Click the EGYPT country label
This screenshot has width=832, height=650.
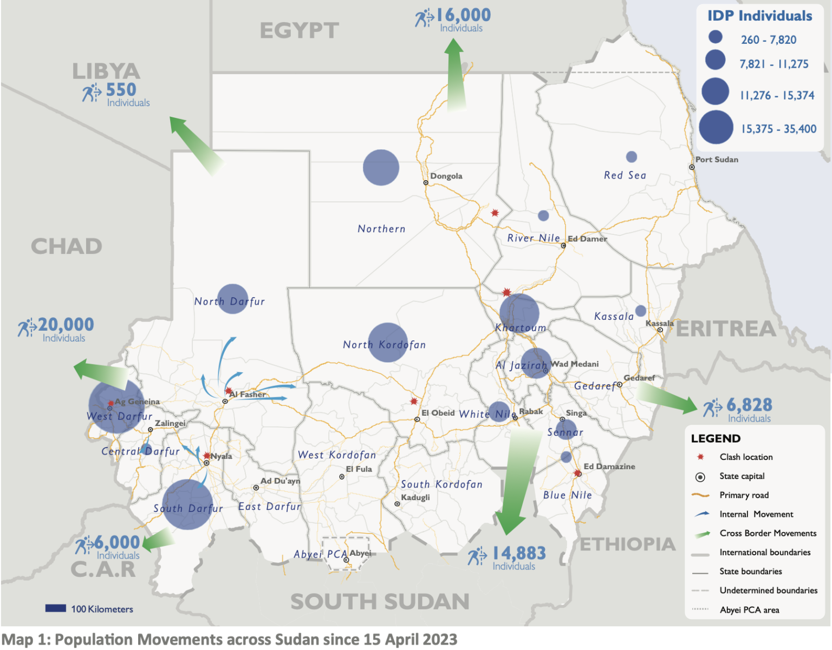pos(300,31)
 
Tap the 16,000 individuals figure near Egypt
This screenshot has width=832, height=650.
pos(463,15)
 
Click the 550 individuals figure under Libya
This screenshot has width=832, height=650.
pos(121,90)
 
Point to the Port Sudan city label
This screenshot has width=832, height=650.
pos(717,160)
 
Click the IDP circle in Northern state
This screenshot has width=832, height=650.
pos(381,168)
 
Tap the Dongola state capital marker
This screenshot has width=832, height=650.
pos(426,183)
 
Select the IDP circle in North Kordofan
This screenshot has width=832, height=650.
pos(388,343)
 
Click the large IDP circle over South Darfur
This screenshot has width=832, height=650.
pos(187,504)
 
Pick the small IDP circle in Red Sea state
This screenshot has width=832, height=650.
pos(631,157)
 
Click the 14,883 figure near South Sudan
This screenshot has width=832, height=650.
pos(518,553)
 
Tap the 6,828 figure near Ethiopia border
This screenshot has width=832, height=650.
pos(749,405)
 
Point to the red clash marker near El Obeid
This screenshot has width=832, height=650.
pos(414,402)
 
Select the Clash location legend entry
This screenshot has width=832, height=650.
pos(746,457)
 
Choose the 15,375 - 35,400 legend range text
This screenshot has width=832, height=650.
pos(778,129)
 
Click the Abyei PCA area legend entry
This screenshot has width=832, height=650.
pos(749,610)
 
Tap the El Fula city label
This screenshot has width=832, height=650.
pos(359,469)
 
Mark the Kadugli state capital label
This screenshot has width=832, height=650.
pos(415,497)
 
